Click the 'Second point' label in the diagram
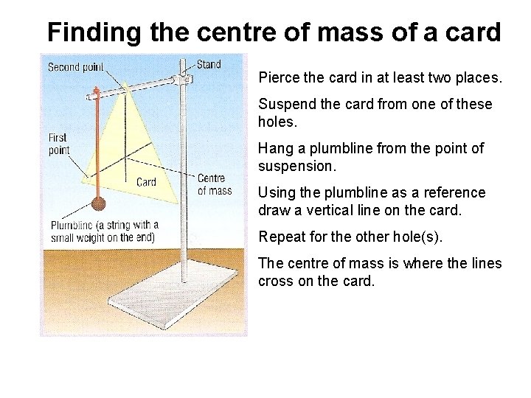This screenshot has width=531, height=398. tap(75, 67)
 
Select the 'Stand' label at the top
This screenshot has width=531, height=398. tap(209, 64)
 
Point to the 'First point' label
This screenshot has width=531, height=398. tap(58, 143)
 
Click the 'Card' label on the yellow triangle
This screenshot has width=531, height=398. tap(146, 181)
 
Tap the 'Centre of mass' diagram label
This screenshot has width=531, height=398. tap(214, 184)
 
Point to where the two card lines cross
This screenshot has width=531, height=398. tap(127, 157)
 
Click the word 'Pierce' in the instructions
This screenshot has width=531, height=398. tap(277, 77)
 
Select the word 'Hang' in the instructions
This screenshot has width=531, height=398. tap(274, 148)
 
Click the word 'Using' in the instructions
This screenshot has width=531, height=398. tap(276, 192)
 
